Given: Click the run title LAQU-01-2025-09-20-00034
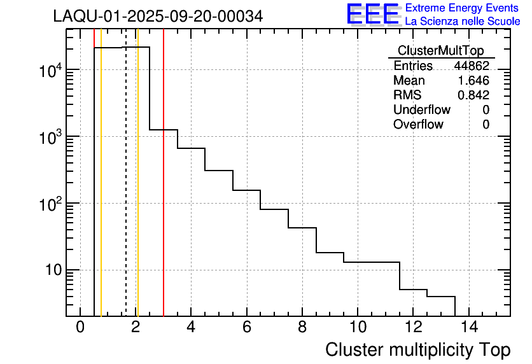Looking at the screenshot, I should coord(158,17).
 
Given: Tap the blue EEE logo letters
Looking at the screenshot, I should coord(373,14).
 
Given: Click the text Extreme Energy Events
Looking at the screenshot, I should coord(461,8).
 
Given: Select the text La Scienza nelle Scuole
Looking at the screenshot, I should coord(463,22).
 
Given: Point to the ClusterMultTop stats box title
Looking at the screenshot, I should coord(440,51).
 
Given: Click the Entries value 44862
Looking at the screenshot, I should coord(472,66).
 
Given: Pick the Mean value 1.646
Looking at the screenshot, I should coord(473,81).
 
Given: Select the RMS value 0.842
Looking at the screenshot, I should coord(473,95).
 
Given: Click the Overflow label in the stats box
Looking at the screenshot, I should coord(418,125).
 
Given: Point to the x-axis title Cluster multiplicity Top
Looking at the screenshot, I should coord(418,350).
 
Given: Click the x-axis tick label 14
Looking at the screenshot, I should coord(468,328).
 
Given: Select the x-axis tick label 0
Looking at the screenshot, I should coord(80,328).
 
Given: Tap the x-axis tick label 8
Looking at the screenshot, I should coord(302,328).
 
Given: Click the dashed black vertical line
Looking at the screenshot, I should coord(125,191).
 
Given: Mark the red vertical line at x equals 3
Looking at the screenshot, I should coord(164,191).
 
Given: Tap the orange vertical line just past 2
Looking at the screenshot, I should coord(137,191).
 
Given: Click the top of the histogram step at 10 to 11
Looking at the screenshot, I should coord(372,262).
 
